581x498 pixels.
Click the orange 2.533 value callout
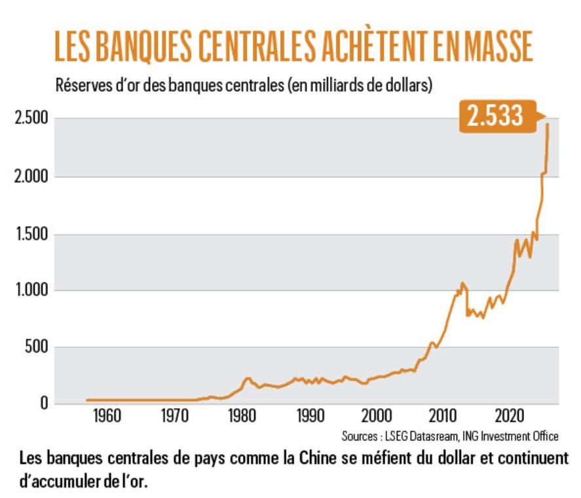click(495, 116)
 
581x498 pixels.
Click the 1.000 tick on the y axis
click(32, 291)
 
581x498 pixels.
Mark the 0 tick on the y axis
click(45, 404)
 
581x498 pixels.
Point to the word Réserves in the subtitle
click(83, 86)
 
